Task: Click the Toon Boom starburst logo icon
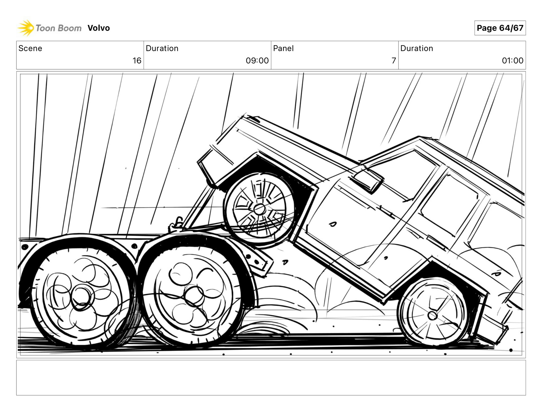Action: (26, 28)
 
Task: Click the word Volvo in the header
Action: (98, 28)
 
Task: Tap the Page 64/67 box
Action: (500, 28)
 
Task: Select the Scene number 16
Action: (137, 61)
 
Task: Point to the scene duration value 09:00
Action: (257, 61)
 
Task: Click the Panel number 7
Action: (394, 61)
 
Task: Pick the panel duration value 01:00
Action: (512, 61)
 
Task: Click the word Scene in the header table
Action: (30, 48)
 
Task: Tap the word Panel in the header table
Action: (283, 48)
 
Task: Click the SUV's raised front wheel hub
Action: (259, 209)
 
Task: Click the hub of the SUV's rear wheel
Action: (432, 315)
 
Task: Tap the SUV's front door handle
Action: (333, 224)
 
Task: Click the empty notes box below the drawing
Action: (271, 378)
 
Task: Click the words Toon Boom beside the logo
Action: (59, 28)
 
